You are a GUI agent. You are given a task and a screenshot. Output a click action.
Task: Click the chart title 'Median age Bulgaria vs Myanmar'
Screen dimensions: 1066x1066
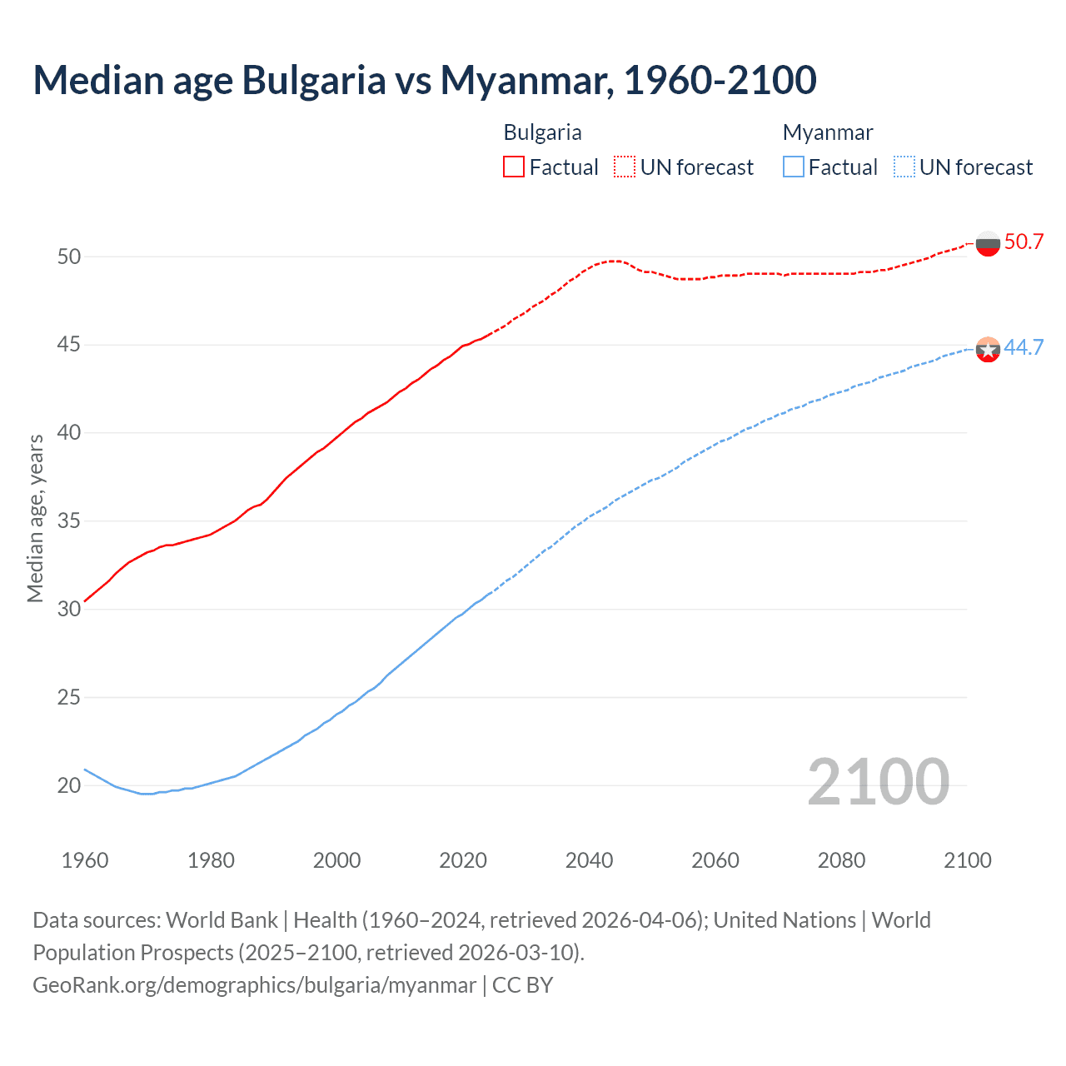(425, 80)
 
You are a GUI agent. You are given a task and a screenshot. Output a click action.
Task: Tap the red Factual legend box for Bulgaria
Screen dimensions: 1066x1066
(514, 167)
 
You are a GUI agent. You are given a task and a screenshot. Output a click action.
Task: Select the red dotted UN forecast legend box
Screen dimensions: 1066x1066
(625, 167)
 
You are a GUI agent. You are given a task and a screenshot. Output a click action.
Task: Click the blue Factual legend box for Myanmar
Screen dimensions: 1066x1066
(794, 167)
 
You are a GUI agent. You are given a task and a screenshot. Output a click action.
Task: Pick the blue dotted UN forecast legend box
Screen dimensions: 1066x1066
(904, 167)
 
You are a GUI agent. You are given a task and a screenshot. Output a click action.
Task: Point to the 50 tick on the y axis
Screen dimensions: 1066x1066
(69, 257)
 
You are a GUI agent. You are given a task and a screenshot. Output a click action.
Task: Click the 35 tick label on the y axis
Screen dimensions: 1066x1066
(69, 521)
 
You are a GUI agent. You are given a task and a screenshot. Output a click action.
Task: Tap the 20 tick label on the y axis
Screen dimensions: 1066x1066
(69, 785)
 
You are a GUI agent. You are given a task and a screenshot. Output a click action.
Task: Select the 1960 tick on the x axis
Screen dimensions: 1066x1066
(85, 860)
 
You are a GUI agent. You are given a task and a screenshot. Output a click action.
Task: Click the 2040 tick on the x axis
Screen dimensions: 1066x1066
(589, 860)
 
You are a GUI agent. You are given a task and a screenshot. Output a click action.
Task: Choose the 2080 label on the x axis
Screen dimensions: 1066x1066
(841, 860)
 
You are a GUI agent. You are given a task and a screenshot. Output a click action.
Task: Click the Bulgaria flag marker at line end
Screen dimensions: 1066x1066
(988, 244)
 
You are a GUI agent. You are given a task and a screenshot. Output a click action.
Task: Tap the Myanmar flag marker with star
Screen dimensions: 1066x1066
(988, 350)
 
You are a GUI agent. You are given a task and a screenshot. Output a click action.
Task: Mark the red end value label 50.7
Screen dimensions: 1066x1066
(1024, 242)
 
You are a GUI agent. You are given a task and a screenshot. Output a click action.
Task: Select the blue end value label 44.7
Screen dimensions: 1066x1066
(1024, 348)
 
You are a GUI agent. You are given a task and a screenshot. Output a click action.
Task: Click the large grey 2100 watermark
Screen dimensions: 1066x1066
(879, 782)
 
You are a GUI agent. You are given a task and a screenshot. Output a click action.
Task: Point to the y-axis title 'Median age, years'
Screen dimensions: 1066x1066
(35, 518)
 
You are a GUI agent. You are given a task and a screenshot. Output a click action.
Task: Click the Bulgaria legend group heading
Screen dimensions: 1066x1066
(542, 132)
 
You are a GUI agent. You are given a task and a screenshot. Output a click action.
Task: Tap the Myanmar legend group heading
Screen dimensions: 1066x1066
(828, 132)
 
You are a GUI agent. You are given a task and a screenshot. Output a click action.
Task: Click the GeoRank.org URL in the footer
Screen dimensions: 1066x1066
(254, 985)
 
